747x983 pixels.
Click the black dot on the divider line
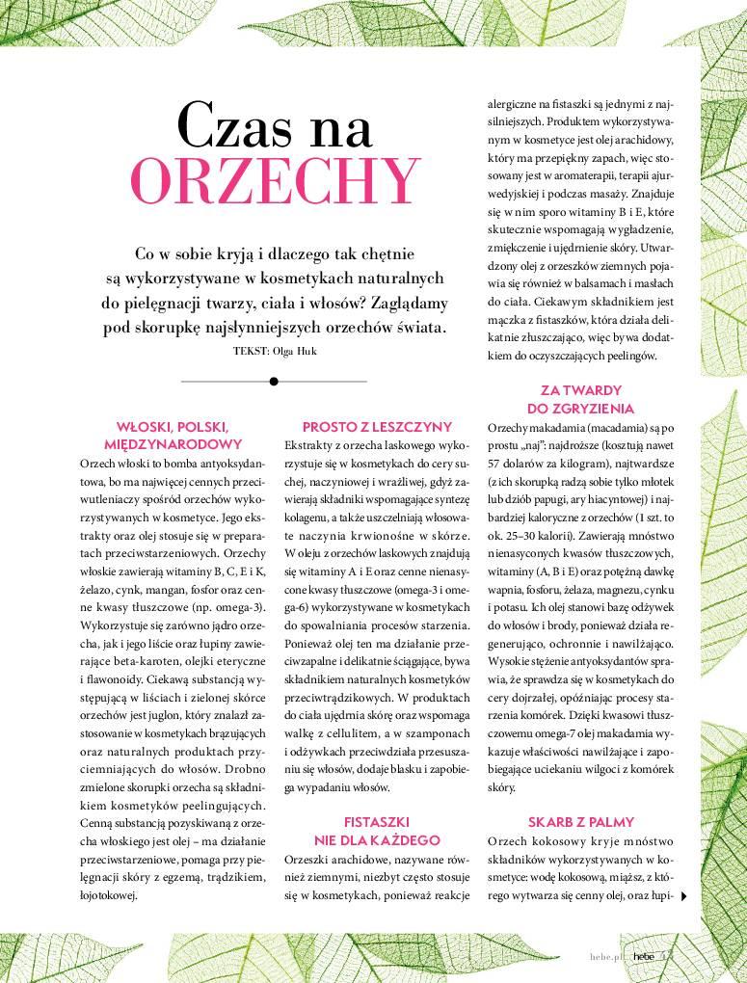coord(275,381)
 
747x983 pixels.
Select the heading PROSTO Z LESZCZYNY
coord(377,427)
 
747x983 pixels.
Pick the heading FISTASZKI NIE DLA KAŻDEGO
coord(377,832)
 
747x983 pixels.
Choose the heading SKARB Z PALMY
coord(580,822)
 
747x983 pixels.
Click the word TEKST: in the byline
coord(250,351)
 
